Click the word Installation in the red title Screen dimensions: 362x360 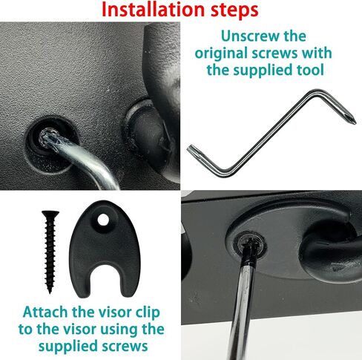(x=154, y=10)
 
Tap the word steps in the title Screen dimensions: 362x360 (x=234, y=10)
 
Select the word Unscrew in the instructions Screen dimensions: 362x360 (x=251, y=36)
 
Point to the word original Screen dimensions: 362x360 (x=221, y=54)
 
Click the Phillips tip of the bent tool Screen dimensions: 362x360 (x=351, y=119)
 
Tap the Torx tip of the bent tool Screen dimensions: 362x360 (x=192, y=150)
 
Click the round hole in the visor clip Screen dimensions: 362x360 (x=103, y=220)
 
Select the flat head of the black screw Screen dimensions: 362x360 (x=50, y=214)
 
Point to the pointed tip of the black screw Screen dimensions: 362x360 (x=50, y=291)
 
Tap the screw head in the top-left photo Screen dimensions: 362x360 (x=47, y=139)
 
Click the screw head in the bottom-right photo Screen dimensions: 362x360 (x=250, y=244)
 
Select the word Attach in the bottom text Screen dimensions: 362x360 (x=45, y=312)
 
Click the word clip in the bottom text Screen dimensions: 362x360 (x=148, y=313)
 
